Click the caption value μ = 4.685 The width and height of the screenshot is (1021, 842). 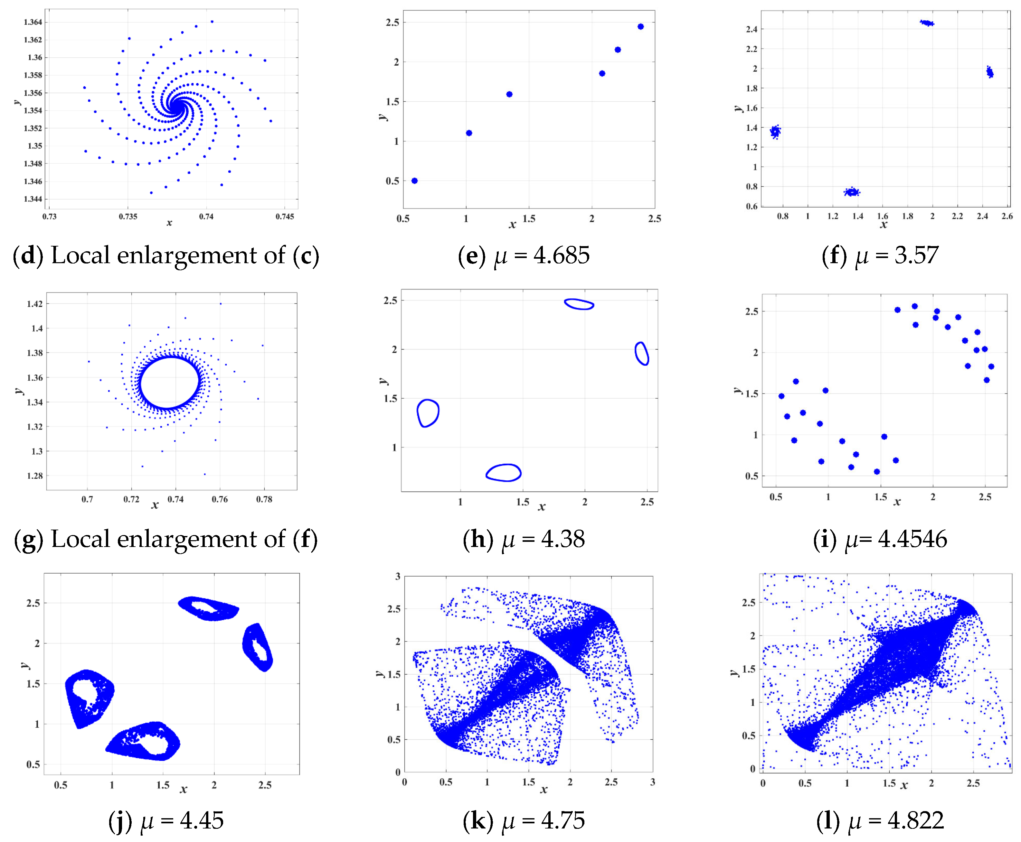[541, 255]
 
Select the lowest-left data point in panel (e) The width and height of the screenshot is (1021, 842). [414, 181]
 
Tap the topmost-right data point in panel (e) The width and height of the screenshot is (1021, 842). [640, 27]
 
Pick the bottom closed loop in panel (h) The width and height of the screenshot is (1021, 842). [504, 473]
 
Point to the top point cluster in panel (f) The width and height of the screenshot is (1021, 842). [927, 23]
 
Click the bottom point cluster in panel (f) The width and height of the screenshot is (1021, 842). [852, 192]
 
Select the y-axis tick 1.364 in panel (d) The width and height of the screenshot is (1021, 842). [33, 22]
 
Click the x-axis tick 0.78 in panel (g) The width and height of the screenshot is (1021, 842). [264, 499]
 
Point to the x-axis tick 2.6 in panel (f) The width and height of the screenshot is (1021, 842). [1007, 216]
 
